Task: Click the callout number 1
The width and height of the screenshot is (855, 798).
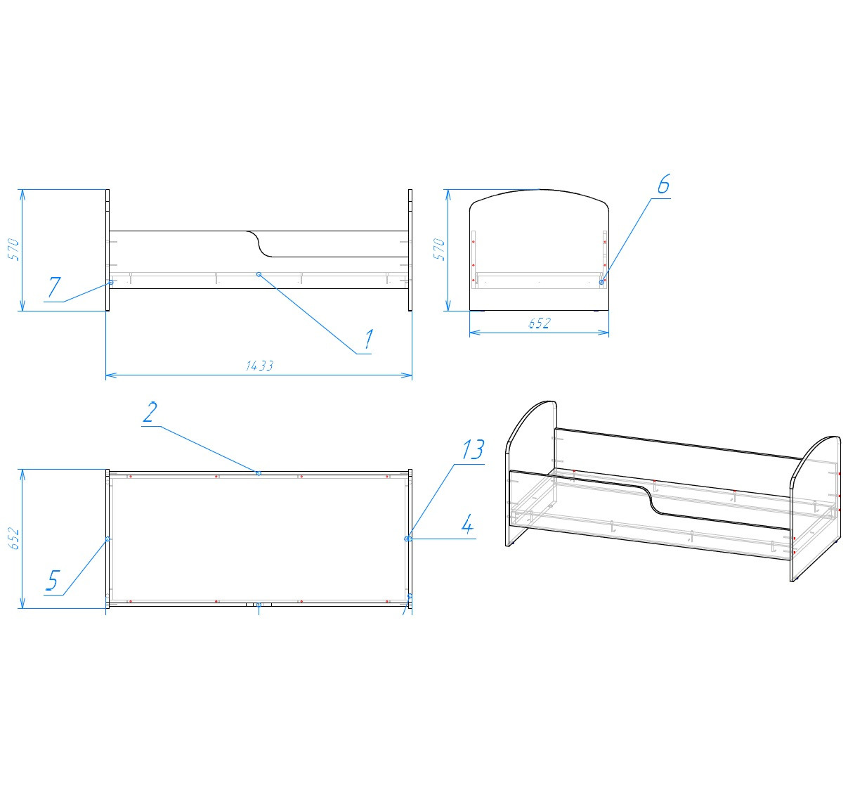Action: tap(369, 340)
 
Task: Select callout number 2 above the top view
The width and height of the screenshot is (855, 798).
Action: tap(150, 412)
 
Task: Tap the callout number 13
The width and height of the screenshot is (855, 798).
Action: tap(473, 449)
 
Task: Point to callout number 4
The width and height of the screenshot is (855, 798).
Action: tap(467, 525)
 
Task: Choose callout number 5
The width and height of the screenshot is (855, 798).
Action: tap(52, 581)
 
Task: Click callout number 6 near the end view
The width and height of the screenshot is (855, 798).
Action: tap(664, 184)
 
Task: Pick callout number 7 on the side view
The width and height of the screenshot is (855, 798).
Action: tap(54, 287)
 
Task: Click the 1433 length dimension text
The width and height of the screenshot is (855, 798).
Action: tap(259, 366)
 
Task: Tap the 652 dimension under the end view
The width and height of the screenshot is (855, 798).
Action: tap(540, 323)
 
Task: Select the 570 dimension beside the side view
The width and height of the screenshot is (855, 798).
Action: tap(14, 249)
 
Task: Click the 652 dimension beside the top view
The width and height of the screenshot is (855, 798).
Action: tap(14, 539)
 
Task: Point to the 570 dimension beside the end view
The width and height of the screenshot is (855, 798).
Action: tap(439, 249)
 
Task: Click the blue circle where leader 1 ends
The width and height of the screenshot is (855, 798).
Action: tap(259, 274)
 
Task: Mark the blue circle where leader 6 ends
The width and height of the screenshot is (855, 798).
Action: tap(601, 282)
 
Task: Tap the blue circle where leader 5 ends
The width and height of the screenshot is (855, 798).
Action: tap(107, 539)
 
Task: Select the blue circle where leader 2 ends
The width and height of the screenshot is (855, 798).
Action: tap(259, 473)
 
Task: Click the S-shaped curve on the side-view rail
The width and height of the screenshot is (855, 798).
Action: tap(259, 244)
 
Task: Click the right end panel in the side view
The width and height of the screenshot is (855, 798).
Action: tap(410, 250)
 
